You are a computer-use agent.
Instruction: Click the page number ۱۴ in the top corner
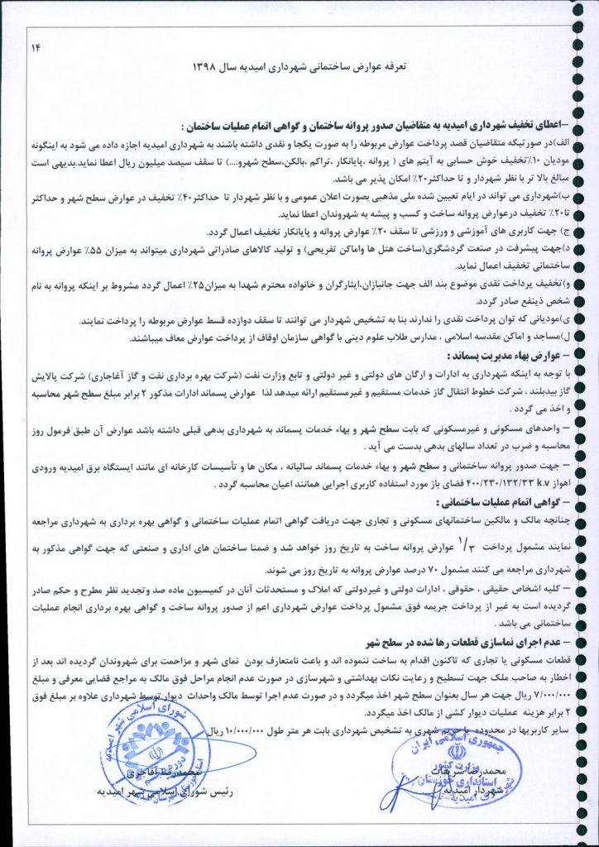tap(36, 47)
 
